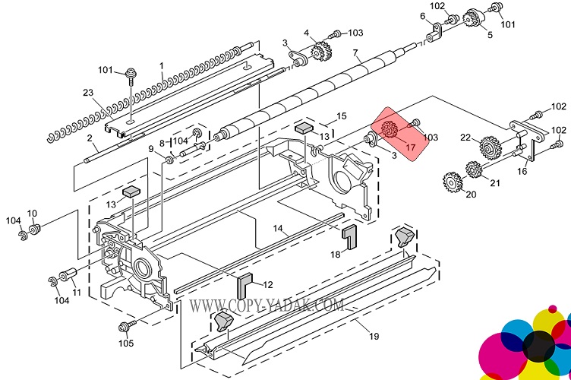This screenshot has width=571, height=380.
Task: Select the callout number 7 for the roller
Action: point(355,53)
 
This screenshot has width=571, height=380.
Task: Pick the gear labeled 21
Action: point(476,169)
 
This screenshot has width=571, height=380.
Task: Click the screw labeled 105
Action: point(123,327)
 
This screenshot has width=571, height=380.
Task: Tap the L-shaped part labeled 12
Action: point(245,286)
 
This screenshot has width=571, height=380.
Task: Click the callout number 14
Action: point(278,228)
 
